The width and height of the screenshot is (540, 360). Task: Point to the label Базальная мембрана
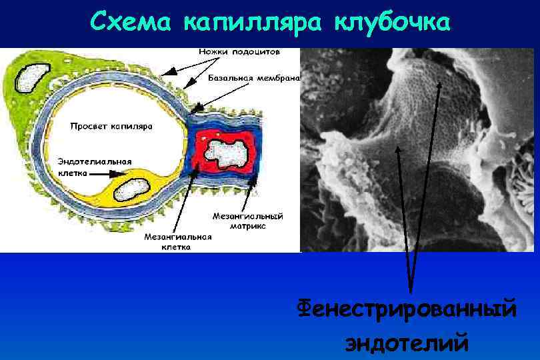click(x=254, y=78)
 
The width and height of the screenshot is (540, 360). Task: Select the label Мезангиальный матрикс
click(x=248, y=221)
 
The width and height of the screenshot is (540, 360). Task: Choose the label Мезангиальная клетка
click(x=178, y=241)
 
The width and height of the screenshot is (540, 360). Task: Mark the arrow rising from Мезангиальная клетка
click(x=184, y=200)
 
